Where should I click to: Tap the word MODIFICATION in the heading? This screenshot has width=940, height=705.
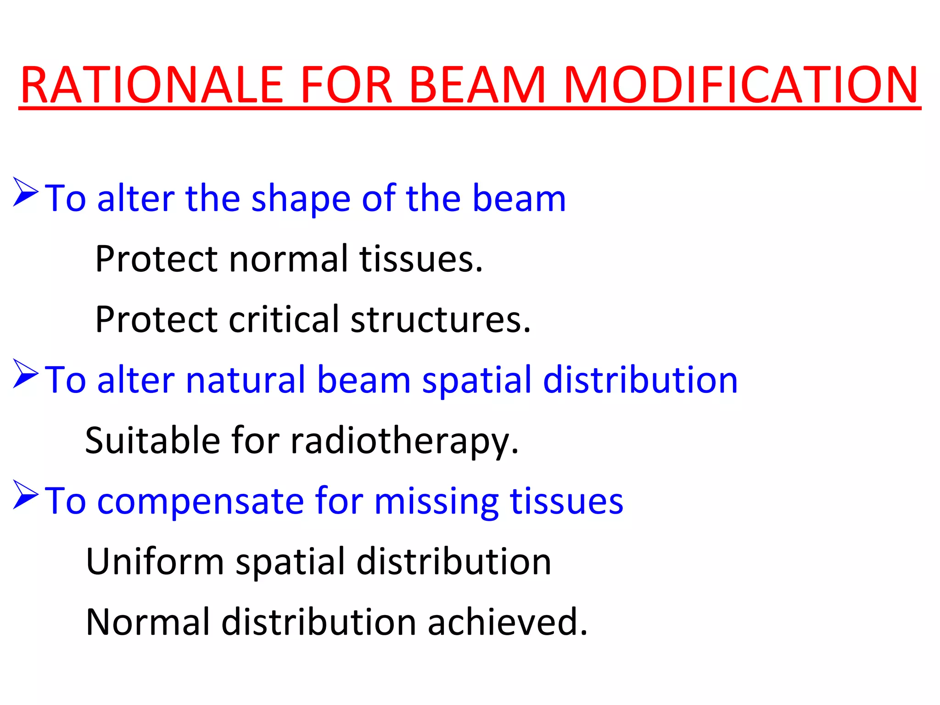coord(740,85)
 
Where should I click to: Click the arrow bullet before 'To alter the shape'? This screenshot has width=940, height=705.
coord(25,192)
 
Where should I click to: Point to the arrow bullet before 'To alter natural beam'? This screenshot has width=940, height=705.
coord(25,374)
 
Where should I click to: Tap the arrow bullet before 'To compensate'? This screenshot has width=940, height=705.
coord(25,494)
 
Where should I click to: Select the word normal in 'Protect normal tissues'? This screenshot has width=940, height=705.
coord(289,259)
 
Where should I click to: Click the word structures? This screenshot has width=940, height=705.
coord(441,320)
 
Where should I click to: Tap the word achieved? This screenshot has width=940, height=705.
coord(507,622)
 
